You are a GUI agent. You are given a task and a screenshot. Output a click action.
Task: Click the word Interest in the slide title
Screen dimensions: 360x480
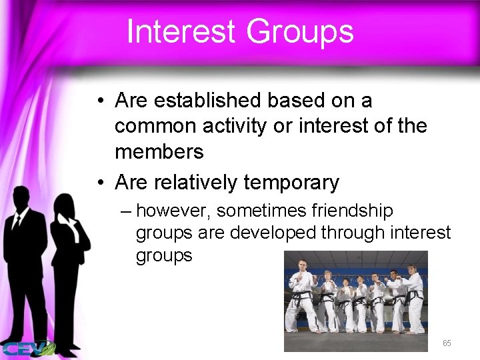pos(180,31)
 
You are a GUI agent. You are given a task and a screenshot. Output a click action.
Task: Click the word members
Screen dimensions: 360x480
pos(159,151)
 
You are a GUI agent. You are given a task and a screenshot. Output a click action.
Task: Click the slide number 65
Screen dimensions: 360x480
pos(447,343)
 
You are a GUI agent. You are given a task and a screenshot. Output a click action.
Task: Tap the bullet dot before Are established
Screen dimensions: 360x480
pos(98,102)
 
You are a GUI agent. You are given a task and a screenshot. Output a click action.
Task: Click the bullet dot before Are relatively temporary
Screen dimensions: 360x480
pos(98,182)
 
